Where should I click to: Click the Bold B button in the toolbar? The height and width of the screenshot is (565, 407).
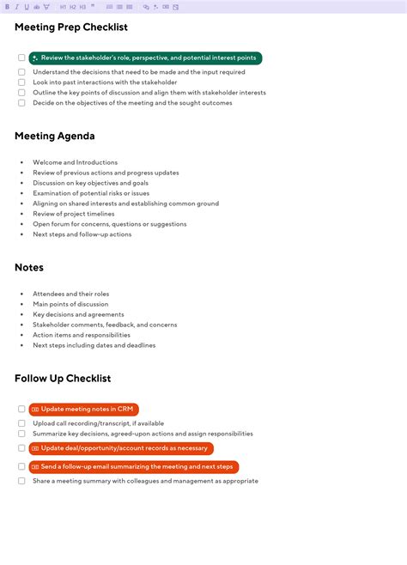pyautogui.click(x=7, y=7)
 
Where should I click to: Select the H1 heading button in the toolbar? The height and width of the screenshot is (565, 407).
pyautogui.click(x=63, y=7)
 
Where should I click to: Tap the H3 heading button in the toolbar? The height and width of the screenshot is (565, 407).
pyautogui.click(x=82, y=7)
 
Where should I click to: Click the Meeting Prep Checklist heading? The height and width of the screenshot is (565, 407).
pyautogui.click(x=71, y=27)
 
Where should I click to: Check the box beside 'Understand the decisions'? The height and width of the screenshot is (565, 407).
pyautogui.click(x=21, y=72)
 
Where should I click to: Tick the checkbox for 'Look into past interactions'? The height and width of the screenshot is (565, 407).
pyautogui.click(x=21, y=82)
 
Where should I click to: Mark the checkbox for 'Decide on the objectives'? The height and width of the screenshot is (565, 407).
pyautogui.click(x=21, y=103)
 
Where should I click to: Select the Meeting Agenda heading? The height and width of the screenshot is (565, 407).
pyautogui.click(x=55, y=136)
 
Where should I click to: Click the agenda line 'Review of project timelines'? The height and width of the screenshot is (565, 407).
pyautogui.click(x=74, y=214)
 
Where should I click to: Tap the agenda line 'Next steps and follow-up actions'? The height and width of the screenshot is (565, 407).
pyautogui.click(x=82, y=234)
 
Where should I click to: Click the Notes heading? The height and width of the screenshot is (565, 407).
pyautogui.click(x=29, y=267)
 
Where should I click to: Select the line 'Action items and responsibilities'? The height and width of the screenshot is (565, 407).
pyautogui.click(x=82, y=335)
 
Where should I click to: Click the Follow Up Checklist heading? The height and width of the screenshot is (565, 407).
pyautogui.click(x=63, y=378)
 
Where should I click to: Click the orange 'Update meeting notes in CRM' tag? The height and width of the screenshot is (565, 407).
pyautogui.click(x=84, y=410)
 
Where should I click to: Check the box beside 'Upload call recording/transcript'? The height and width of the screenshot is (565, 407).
pyautogui.click(x=21, y=423)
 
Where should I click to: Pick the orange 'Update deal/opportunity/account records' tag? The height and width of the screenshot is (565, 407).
pyautogui.click(x=121, y=448)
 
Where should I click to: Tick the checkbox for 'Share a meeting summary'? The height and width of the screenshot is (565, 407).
pyautogui.click(x=21, y=481)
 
